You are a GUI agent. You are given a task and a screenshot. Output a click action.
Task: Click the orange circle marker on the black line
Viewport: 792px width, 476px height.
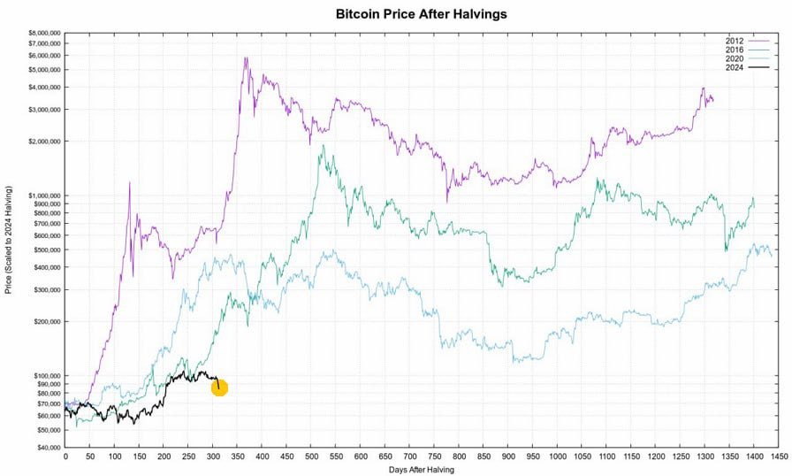pyautogui.click(x=219, y=388)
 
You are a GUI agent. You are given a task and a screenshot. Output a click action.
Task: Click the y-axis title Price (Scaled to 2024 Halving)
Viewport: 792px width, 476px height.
pyautogui.click(x=8, y=240)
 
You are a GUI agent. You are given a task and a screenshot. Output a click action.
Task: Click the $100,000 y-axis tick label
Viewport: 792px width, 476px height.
pyautogui.click(x=42, y=375)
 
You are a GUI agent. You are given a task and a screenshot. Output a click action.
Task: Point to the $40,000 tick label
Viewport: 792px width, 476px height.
pyautogui.click(x=43, y=447)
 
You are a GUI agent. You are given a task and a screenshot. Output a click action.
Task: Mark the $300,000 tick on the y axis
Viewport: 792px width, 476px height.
pyautogui.click(x=42, y=289)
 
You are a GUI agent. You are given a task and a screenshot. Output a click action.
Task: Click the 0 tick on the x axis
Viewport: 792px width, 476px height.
pyautogui.click(x=65, y=457)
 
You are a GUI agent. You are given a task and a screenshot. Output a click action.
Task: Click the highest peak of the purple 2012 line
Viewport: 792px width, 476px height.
pyautogui.click(x=245, y=58)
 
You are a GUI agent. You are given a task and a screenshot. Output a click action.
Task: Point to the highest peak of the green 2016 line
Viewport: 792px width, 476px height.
pyautogui.click(x=324, y=145)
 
